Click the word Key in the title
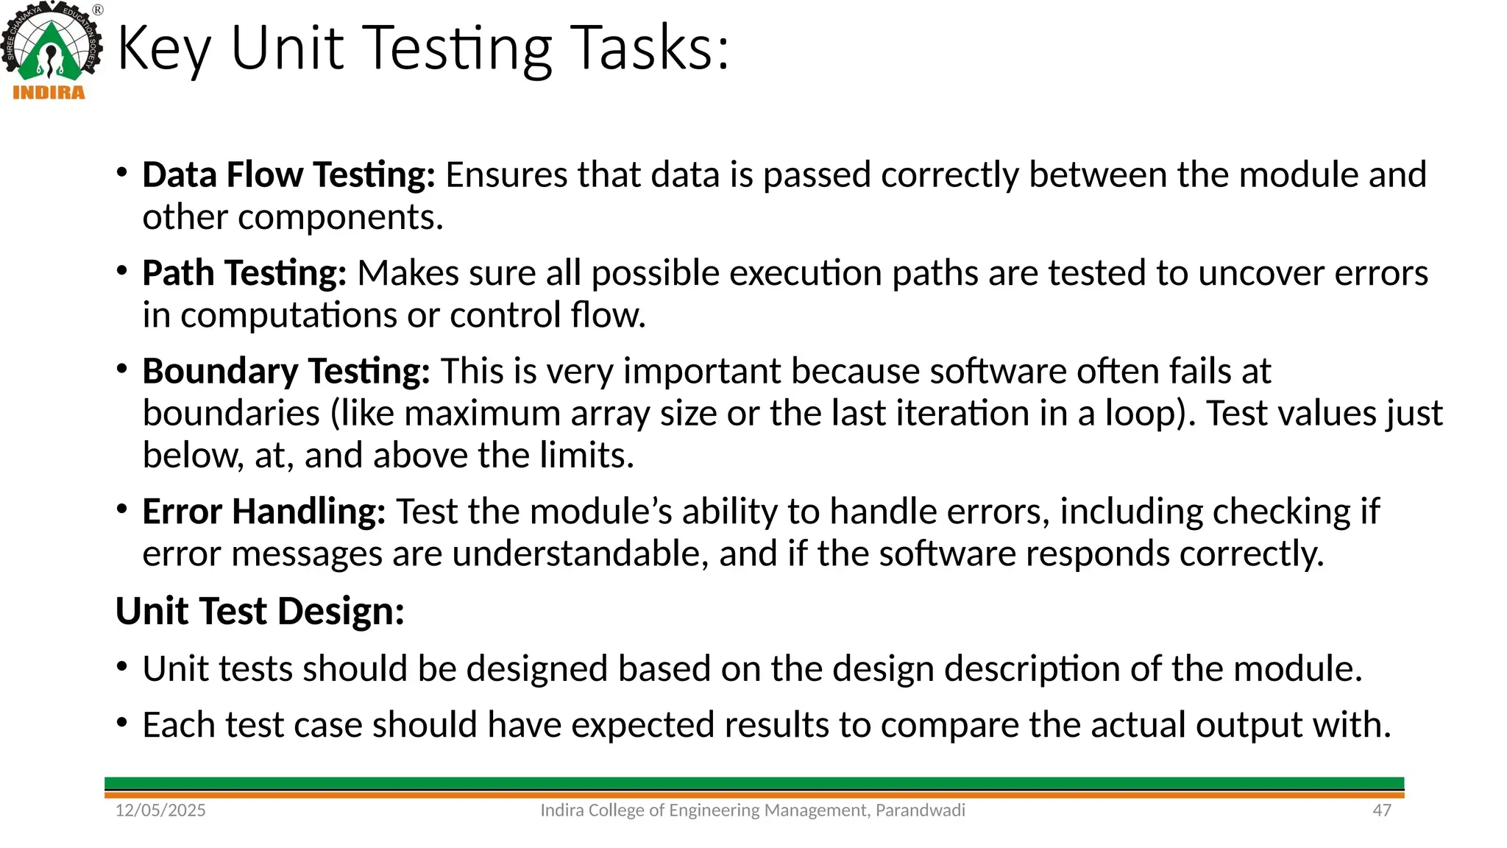(163, 49)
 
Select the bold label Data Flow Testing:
(288, 175)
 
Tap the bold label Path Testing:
(244, 273)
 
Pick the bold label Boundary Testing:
(286, 371)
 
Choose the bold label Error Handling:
(263, 512)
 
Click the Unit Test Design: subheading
(260, 611)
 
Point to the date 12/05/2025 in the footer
(160, 810)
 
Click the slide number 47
(1382, 810)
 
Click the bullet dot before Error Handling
(122, 509)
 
